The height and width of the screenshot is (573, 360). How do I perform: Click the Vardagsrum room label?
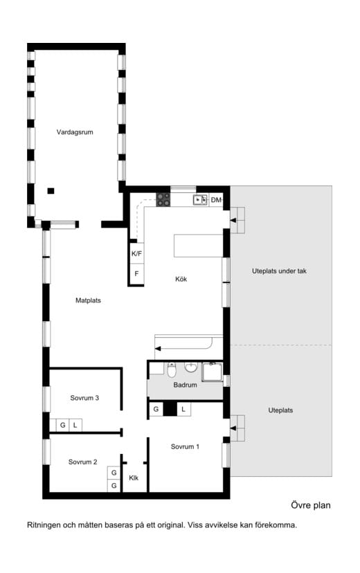coord(75,132)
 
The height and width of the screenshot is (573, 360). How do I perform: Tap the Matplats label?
coord(88,300)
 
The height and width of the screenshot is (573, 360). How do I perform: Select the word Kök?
coord(181,279)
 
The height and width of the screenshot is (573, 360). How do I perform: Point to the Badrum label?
coord(185,385)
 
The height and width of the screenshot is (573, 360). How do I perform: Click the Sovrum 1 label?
coord(185,446)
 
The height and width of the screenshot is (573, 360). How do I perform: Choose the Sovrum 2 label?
coord(82,462)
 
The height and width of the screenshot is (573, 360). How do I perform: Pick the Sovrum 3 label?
coord(84,398)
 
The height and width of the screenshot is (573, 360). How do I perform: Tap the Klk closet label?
coord(134,478)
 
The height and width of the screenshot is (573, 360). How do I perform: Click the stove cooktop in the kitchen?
coord(163,200)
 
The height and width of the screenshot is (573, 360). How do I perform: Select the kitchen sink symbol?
coord(200,200)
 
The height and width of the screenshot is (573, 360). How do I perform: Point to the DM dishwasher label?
coord(216,200)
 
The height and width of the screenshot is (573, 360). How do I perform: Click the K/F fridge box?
coord(136,253)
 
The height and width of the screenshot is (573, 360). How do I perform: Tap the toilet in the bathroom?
coord(172,370)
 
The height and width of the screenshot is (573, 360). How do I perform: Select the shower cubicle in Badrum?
coord(212,372)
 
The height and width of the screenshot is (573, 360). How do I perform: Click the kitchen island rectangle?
coord(199,246)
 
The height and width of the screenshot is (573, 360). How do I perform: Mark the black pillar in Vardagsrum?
coord(51,191)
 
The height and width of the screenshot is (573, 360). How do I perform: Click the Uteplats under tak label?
coord(279,271)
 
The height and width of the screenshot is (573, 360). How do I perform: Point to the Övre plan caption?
coord(311,505)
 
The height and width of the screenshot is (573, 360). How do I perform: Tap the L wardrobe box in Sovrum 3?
coord(75,426)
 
